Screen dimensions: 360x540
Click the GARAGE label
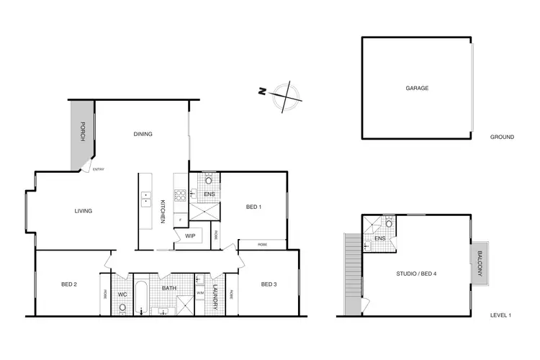417,88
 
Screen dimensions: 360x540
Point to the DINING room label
142,134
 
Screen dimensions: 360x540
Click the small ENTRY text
98,169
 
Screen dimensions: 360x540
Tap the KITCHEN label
163,210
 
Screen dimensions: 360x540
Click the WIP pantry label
190,235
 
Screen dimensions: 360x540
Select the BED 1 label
253,207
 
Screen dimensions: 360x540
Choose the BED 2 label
69,284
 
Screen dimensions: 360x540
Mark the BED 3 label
269,284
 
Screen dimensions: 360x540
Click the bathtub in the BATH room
142,301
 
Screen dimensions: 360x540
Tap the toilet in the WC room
122,308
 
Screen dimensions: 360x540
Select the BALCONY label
480,264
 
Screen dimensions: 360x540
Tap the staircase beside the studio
351,274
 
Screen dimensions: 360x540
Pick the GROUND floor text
501,137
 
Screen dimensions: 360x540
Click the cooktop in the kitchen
179,195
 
